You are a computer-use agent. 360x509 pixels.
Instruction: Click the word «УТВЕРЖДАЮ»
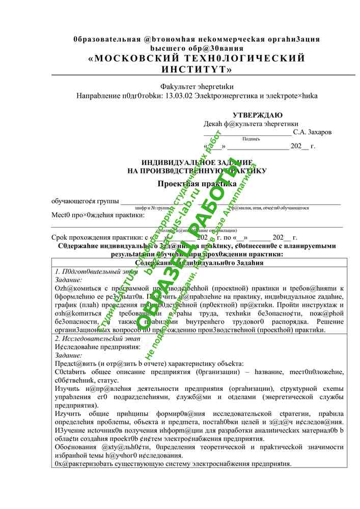click(x=258, y=115)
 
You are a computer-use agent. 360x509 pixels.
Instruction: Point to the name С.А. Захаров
click(x=312, y=132)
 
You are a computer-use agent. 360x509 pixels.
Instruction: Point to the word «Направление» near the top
click(x=97, y=96)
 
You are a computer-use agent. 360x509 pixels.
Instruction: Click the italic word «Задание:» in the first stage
click(x=68, y=279)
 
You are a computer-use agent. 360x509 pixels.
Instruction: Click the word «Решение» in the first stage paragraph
click(x=329, y=321)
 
